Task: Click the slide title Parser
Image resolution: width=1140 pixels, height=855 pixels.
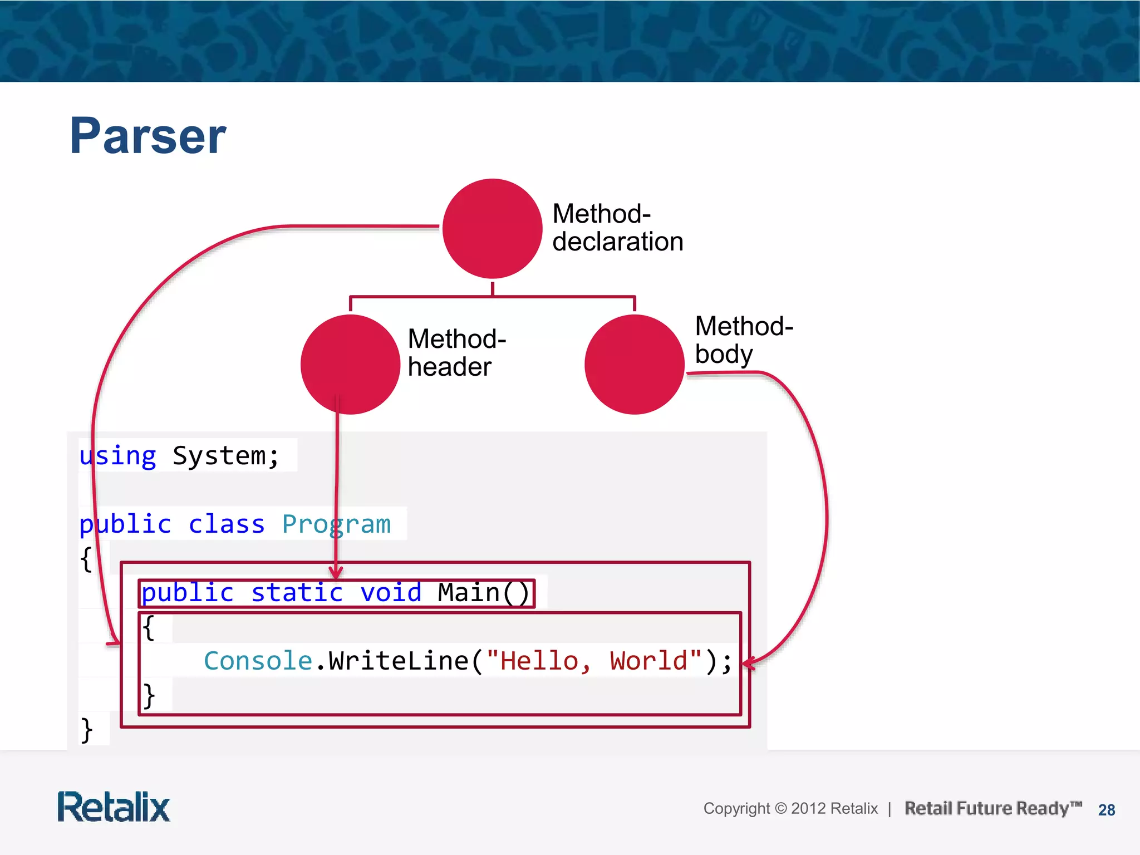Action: (148, 136)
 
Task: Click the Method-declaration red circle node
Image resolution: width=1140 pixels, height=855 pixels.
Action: (492, 229)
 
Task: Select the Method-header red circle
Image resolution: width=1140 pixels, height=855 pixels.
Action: (350, 365)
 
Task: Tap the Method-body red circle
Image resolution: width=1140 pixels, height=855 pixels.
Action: (634, 365)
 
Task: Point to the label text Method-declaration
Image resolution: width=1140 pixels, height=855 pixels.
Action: (617, 228)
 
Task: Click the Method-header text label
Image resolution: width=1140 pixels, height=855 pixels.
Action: (456, 353)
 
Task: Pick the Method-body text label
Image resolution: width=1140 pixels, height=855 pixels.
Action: (744, 340)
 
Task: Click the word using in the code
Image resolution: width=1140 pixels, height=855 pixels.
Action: (117, 456)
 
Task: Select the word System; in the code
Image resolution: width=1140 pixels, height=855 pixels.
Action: (225, 456)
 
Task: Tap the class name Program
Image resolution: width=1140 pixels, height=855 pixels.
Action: (336, 525)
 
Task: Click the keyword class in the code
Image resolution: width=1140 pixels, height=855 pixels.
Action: (226, 525)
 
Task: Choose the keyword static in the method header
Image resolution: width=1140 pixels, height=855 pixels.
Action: (297, 593)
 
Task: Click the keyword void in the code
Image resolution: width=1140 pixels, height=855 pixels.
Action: (391, 593)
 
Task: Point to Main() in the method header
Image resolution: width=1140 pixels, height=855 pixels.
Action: (483, 593)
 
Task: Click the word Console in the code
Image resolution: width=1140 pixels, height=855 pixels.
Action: (258, 661)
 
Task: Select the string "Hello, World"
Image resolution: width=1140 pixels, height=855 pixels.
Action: (593, 661)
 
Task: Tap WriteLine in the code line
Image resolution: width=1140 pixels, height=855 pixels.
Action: (399, 661)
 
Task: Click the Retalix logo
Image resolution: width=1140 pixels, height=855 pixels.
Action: (114, 807)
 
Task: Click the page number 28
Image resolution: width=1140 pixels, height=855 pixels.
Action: (1107, 810)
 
